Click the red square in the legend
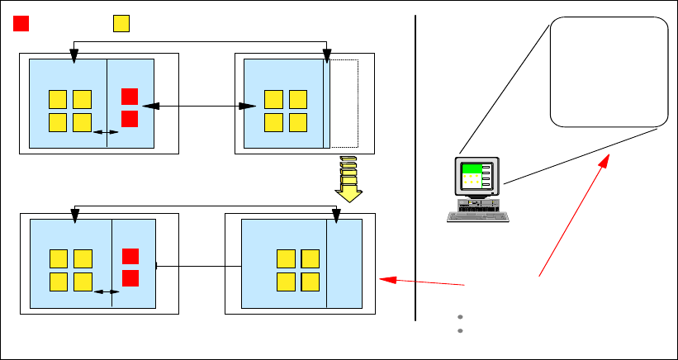(21, 23)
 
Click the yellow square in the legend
(121, 23)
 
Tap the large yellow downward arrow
(348, 179)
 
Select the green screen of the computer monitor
(472, 168)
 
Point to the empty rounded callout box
(608, 72)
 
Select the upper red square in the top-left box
(129, 97)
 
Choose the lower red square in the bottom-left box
(130, 277)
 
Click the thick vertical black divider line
(415, 165)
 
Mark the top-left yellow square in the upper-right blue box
(273, 99)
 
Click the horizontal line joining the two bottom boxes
(198, 266)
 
